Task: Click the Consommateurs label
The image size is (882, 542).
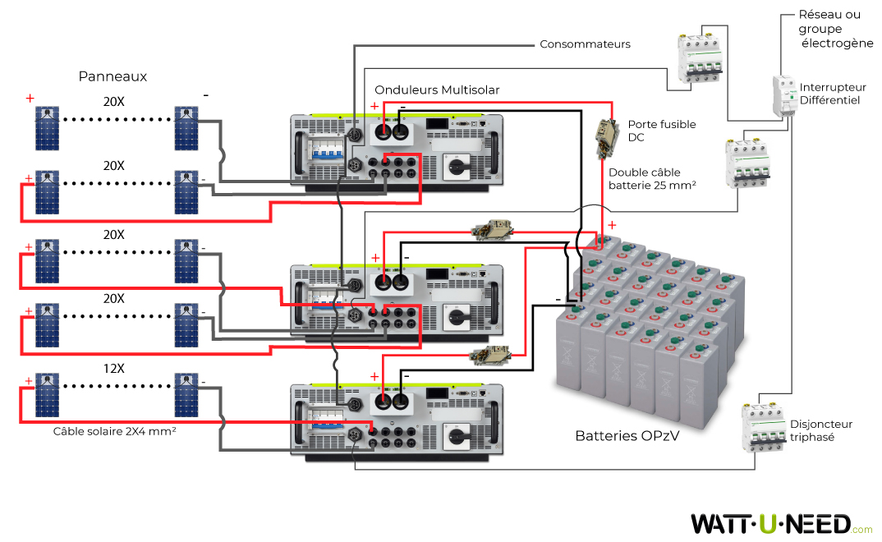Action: [585, 44]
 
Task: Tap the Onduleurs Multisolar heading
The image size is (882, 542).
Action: [437, 90]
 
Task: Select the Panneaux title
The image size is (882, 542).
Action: [113, 76]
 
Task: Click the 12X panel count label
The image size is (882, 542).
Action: [113, 368]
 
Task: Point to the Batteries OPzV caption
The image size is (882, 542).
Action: [627, 435]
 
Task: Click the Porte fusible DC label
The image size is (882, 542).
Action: [661, 131]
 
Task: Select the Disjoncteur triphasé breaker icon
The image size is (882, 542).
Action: [760, 425]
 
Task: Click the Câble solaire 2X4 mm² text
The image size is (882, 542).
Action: [116, 430]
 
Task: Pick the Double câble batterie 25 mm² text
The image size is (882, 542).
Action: [652, 180]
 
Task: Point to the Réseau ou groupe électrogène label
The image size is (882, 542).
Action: [835, 29]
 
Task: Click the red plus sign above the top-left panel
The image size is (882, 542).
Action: [30, 98]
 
